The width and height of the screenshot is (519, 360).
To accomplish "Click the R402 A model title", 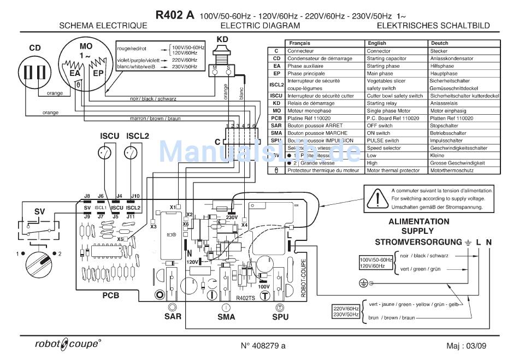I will point(174,15).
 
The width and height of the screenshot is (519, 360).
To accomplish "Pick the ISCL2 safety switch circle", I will point(131,153).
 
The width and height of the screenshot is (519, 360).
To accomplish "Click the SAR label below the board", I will point(172,317).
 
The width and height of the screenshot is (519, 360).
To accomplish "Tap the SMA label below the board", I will point(226,317).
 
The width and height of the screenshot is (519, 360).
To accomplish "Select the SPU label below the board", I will point(280,317).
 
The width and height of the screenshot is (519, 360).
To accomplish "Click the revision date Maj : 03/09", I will point(464,345).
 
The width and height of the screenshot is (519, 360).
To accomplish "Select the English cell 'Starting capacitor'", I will point(386,58).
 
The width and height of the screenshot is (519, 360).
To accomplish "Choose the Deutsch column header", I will point(439,43).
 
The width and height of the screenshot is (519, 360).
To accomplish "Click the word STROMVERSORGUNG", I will point(418,241).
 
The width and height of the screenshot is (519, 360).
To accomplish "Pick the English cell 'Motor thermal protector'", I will point(393,170).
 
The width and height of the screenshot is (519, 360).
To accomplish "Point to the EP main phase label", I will point(98,73).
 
